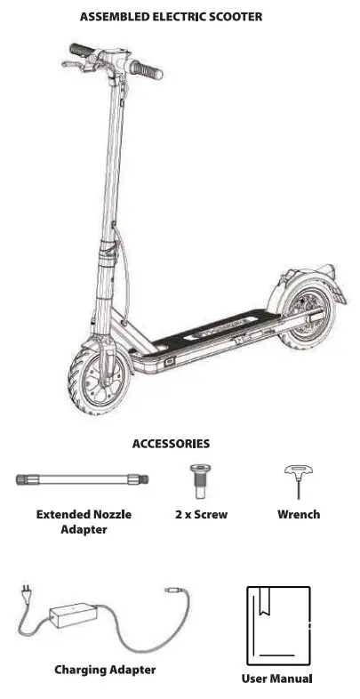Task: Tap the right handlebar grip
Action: (147, 68)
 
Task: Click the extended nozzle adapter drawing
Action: (82, 480)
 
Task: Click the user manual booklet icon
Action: (277, 625)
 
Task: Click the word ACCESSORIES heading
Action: (171, 443)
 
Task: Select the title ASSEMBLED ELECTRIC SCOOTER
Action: (171, 16)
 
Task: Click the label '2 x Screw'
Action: (201, 514)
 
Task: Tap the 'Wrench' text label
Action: (299, 514)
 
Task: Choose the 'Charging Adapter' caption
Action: (105, 670)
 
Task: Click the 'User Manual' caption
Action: (277, 679)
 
